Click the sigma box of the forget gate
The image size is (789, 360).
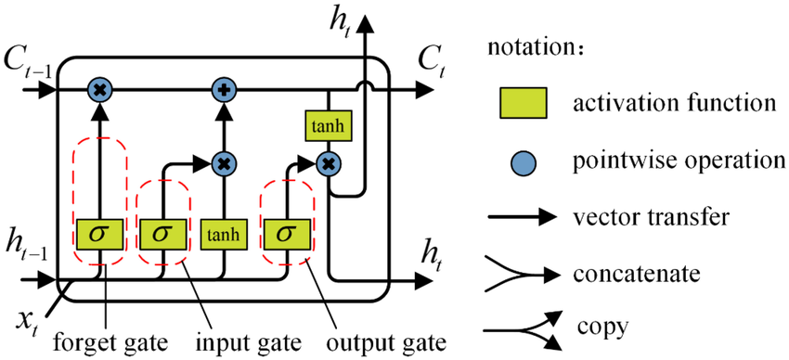tap(98, 235)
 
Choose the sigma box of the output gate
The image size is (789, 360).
tap(285, 235)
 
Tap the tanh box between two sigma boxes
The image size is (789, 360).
tap(224, 235)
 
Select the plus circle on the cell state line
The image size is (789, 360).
tap(223, 90)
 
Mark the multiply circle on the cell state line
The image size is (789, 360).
tap(98, 90)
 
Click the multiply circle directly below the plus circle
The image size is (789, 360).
tap(223, 163)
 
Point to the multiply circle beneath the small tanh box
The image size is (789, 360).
tap(327, 163)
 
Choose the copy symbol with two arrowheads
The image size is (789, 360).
tap(520, 331)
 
